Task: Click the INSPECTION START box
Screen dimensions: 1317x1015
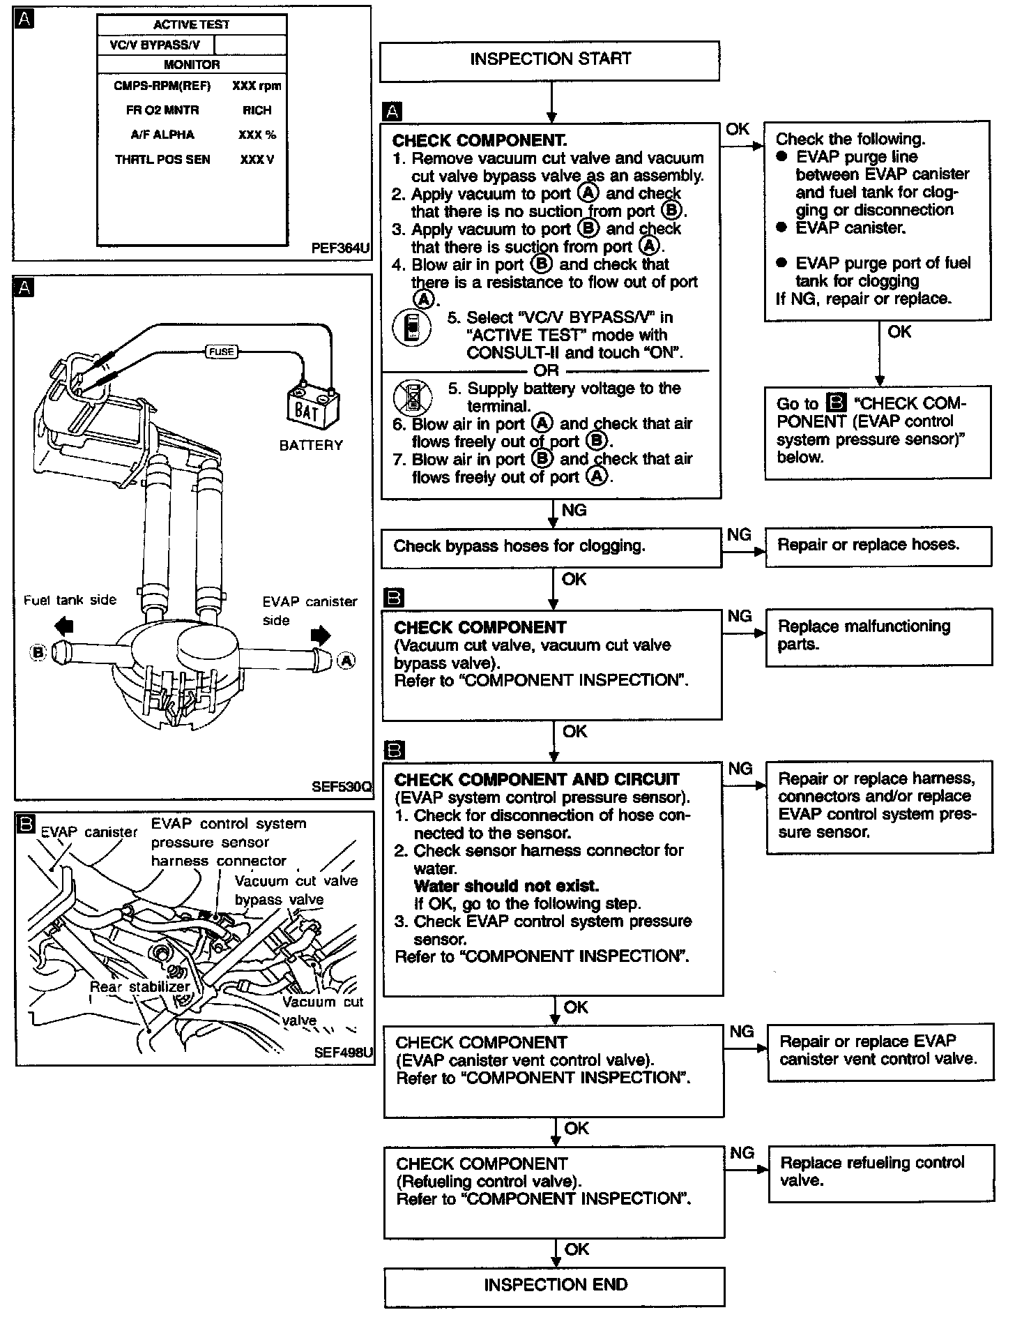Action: click(x=549, y=60)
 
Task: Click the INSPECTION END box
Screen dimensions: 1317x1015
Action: click(x=554, y=1286)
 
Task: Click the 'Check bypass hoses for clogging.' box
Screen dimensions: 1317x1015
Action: click(x=551, y=547)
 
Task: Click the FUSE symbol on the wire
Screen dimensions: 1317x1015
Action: click(x=222, y=352)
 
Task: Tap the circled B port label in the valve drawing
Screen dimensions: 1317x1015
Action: click(x=38, y=652)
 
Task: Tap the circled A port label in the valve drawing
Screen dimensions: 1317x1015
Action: click(x=346, y=659)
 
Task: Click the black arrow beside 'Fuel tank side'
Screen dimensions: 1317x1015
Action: click(x=63, y=623)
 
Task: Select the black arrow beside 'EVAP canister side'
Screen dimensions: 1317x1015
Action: click(x=321, y=635)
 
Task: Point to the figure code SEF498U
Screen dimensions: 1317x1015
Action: click(x=343, y=1053)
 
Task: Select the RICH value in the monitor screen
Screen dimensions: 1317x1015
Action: click(x=257, y=110)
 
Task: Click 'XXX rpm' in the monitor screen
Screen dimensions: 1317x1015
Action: click(x=257, y=86)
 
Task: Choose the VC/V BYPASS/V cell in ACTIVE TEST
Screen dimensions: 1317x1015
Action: click(x=155, y=45)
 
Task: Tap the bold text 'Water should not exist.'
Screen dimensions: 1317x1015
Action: click(x=506, y=886)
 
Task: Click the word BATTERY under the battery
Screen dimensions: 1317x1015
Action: click(x=311, y=445)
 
